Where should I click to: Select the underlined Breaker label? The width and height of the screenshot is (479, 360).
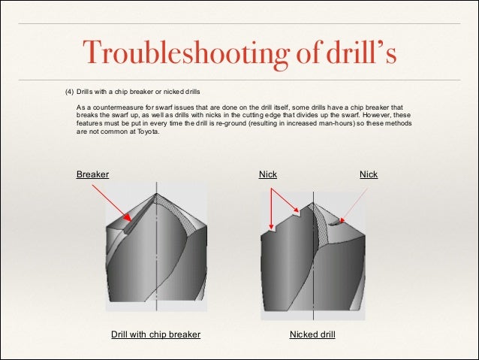(x=92, y=174)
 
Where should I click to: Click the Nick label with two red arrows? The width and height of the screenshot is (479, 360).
(x=268, y=174)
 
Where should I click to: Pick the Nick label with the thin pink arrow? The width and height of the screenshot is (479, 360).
(x=369, y=174)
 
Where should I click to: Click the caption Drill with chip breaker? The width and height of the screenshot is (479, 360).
(x=155, y=334)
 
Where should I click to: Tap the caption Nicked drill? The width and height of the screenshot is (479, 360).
(x=312, y=334)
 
